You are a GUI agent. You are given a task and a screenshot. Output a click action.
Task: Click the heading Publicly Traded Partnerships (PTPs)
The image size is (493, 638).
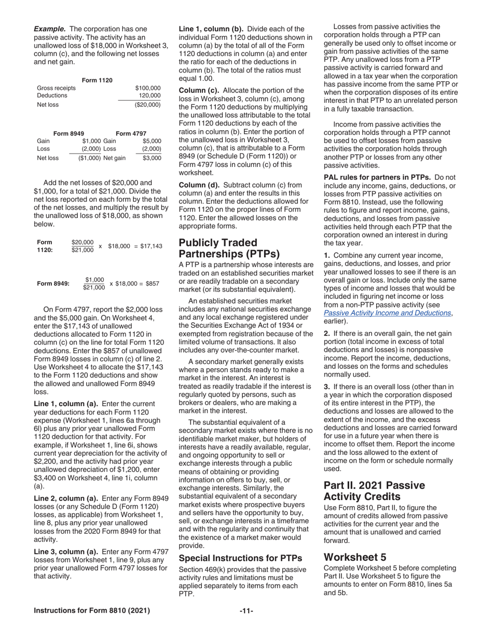pyautogui.click(x=229, y=248)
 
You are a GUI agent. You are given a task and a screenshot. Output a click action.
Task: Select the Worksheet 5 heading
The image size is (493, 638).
pyautogui.click(x=355, y=557)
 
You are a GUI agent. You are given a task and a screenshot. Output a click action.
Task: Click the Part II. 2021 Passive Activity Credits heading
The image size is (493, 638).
pyautogui.click(x=374, y=491)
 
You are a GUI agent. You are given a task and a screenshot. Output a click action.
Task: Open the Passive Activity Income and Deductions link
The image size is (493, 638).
pyautogui.click(x=387, y=313)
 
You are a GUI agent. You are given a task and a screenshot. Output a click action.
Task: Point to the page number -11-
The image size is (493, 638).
pyautogui.click(x=246, y=611)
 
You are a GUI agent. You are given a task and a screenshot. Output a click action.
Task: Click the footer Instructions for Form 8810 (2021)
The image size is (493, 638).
pyautogui.click(x=92, y=611)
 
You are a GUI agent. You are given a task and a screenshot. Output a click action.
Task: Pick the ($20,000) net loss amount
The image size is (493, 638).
pyautogui.click(x=147, y=105)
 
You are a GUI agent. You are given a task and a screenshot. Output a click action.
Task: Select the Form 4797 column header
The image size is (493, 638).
pyautogui.click(x=131, y=133)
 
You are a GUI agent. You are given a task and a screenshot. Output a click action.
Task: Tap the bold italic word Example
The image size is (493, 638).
pyautogui.click(x=50, y=29)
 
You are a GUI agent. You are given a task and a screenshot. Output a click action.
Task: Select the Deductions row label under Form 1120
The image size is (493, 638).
pyautogui.click(x=52, y=95)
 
